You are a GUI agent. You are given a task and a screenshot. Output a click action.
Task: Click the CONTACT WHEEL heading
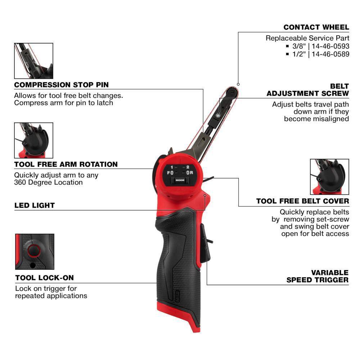point(316,27)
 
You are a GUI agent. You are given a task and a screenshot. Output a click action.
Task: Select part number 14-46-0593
point(330,46)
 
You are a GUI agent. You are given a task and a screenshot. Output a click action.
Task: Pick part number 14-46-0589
point(330,54)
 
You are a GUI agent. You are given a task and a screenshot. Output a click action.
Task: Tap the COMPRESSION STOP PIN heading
point(61,85)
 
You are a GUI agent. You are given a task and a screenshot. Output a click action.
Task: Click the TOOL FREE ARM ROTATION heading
point(66,165)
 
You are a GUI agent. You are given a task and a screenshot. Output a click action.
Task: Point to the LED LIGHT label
point(35,206)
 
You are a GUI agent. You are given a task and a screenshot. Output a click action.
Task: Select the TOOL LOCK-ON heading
point(44,278)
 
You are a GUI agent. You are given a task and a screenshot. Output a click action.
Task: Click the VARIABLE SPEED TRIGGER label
point(318,276)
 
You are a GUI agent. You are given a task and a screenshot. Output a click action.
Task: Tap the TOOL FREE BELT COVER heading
point(302,201)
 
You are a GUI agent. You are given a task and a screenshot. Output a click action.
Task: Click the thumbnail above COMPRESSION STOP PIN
point(33,61)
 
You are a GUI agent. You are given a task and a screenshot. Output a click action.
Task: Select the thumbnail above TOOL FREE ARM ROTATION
point(33,140)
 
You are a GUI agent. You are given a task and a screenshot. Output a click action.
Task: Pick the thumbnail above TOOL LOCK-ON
point(35,252)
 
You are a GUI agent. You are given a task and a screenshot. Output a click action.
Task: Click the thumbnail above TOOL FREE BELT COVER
point(329,177)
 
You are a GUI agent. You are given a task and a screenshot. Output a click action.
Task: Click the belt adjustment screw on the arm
point(219,115)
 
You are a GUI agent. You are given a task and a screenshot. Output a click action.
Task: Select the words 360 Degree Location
point(48,183)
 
